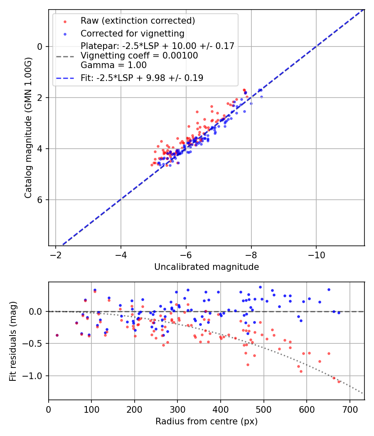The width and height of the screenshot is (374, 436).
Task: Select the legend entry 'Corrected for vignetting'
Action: pyautogui.click(x=132, y=33)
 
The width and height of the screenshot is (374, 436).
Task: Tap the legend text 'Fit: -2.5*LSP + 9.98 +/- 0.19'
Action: pyautogui.click(x=142, y=78)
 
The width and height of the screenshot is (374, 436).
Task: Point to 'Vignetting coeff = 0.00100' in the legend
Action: pyautogui.click(x=139, y=56)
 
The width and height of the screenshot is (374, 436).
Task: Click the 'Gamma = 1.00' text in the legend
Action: pyautogui.click(x=113, y=65)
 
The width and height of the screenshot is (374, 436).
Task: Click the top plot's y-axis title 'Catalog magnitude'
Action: pyautogui.click(x=28, y=127)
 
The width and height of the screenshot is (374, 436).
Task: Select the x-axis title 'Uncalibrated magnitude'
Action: pyautogui.click(x=207, y=267)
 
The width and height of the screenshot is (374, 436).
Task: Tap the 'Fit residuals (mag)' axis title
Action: pyautogui.click(x=13, y=341)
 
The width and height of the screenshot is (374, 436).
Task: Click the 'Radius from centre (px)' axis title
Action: pyautogui.click(x=207, y=421)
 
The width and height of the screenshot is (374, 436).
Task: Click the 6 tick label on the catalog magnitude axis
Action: pyautogui.click(x=40, y=200)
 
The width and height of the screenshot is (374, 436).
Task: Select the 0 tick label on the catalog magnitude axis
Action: pyautogui.click(x=40, y=47)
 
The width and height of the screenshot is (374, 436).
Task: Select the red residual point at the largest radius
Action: pyautogui.click(x=339, y=381)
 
